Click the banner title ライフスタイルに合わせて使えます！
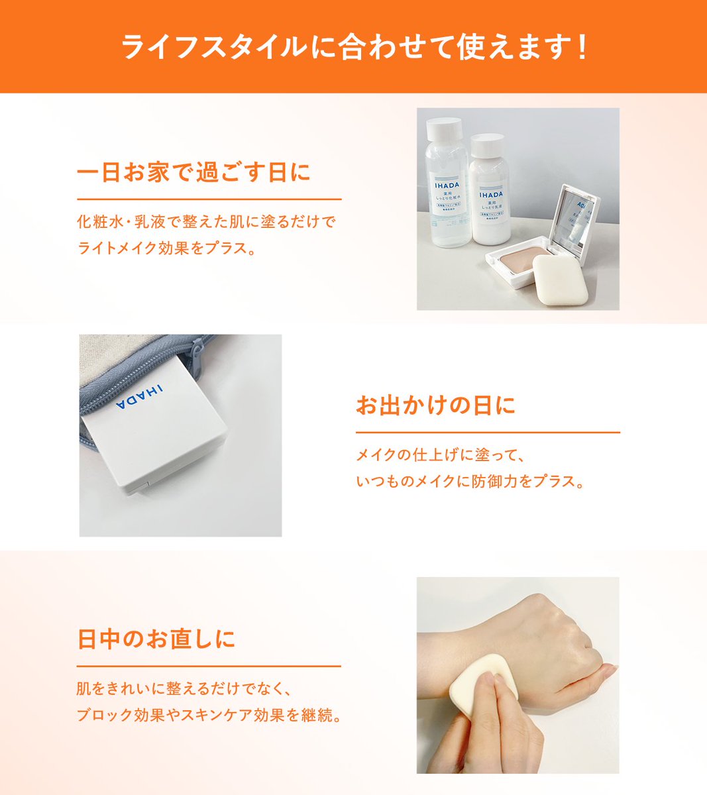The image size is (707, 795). pos(353,48)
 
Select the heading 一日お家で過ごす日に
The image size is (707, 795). pos(193,174)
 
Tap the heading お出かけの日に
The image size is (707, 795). pos(435,405)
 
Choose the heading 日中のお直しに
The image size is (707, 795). pos(156,639)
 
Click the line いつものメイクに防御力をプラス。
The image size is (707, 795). pos(470,481)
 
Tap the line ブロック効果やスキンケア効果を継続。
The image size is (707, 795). pos(209,716)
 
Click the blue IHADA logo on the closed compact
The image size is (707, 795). pos(140,397)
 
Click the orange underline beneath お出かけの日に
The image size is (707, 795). pos(488,433)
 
